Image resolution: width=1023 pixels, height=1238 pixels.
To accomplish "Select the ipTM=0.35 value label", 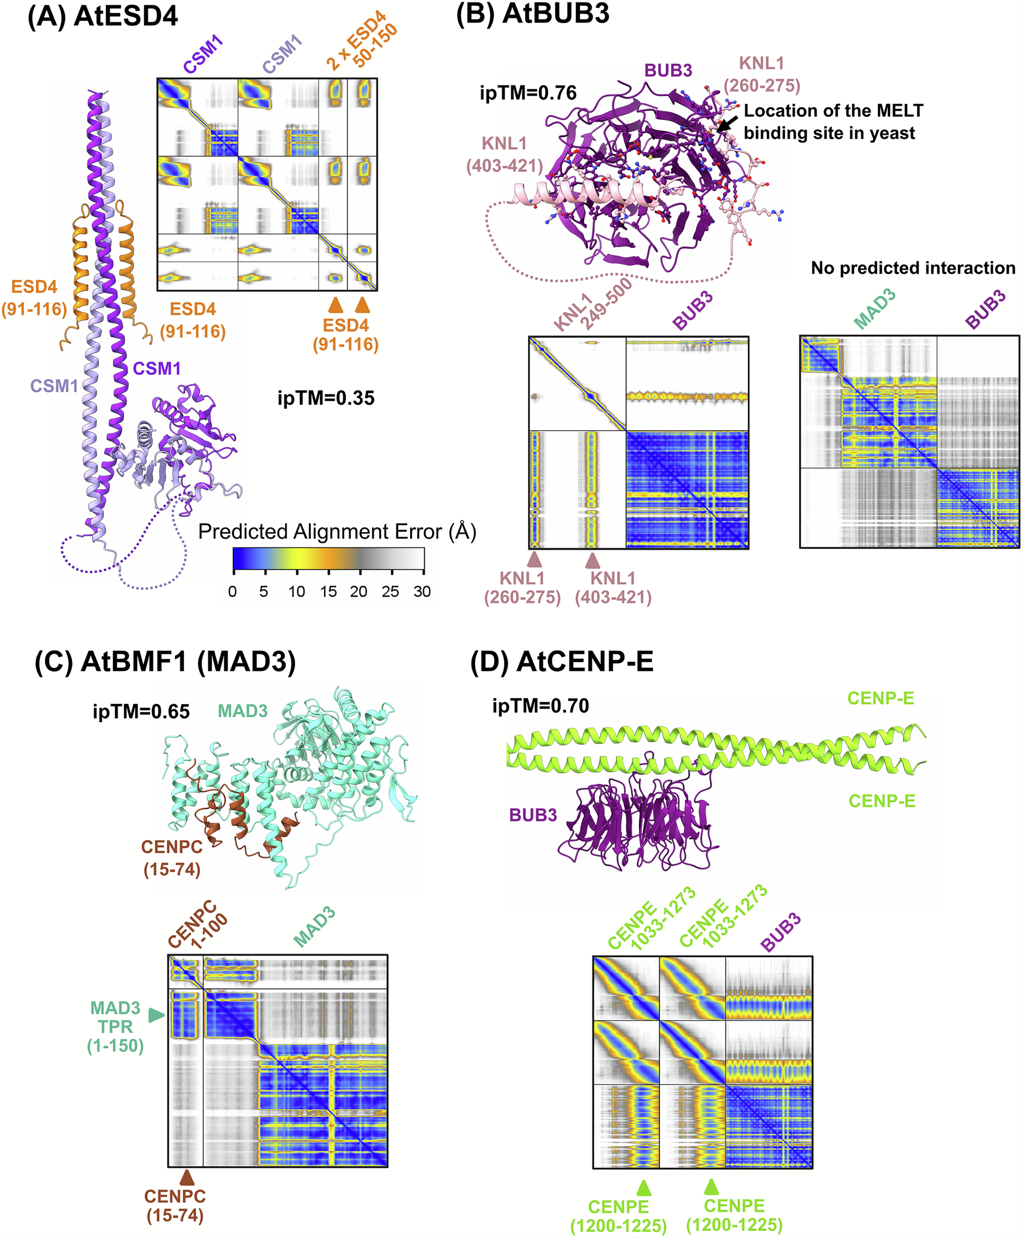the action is click(x=326, y=399).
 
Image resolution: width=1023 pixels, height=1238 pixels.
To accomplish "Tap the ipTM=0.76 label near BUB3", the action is click(x=528, y=93).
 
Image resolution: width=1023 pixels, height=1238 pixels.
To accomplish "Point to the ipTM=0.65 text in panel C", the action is click(x=141, y=712).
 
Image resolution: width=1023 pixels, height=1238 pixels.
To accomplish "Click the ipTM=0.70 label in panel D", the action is click(x=540, y=706).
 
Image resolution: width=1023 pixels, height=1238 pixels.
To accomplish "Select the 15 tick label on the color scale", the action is click(x=328, y=591).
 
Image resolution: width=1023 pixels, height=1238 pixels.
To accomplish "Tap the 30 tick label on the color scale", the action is click(x=422, y=591).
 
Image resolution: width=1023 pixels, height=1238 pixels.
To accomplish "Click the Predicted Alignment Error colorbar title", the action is click(x=337, y=532).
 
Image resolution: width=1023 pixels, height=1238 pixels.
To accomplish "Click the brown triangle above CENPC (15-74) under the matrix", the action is click(x=187, y=1177).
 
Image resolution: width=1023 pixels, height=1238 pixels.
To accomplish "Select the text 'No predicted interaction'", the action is click(x=913, y=268).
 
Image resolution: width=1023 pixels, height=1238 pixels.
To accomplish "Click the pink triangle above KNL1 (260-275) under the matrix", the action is click(x=535, y=559).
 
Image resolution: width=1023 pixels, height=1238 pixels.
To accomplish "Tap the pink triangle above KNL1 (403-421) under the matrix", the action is click(x=592, y=560).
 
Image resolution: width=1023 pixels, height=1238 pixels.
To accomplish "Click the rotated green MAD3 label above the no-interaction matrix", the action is click(x=875, y=309).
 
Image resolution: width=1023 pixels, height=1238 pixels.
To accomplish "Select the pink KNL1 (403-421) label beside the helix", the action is click(x=504, y=154).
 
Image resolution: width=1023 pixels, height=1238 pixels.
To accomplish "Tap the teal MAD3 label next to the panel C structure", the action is click(x=242, y=711).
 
